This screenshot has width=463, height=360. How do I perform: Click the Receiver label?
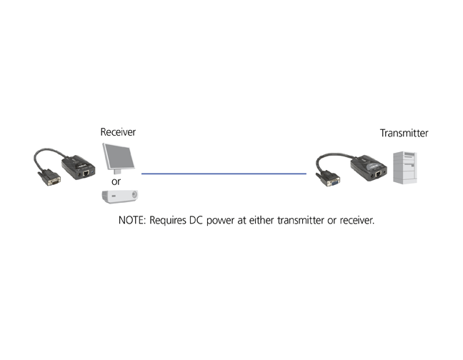(118, 132)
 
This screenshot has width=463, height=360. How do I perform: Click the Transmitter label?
(404, 133)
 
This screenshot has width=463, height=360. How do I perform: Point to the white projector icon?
(116, 196)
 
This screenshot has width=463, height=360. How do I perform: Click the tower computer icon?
(407, 167)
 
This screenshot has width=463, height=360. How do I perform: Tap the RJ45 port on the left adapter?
(86, 172)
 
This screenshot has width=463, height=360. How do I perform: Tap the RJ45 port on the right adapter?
(376, 172)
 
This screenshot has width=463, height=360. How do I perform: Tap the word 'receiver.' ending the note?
(357, 220)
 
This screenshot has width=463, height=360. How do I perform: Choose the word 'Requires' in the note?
(169, 220)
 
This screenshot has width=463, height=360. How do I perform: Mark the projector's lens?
(107, 196)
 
